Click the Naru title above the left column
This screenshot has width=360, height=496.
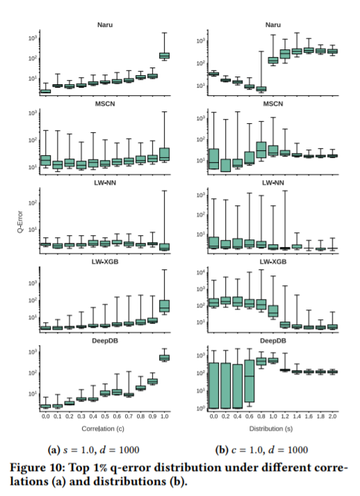pyautogui.click(x=105, y=24)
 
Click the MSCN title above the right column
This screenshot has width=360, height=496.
pyautogui.click(x=273, y=104)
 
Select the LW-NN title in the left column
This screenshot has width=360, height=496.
pyautogui.click(x=105, y=183)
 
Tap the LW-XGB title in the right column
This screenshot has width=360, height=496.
pyautogui.click(x=273, y=262)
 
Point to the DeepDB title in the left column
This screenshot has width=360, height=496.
pyautogui.click(x=105, y=341)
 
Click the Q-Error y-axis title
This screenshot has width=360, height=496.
pyautogui.click(x=20, y=222)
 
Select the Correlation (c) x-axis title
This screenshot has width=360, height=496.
pyautogui.click(x=103, y=429)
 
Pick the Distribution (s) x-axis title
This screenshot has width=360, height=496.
pyautogui.click(x=271, y=429)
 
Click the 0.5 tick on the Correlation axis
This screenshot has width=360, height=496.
pyautogui.click(x=105, y=416)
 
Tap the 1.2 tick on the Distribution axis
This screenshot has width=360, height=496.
pyautogui.click(x=285, y=416)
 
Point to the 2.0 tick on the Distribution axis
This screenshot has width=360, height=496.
pyautogui.click(x=332, y=416)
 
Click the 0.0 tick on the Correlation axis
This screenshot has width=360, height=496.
pyautogui.click(x=45, y=416)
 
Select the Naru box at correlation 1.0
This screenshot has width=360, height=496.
pyautogui.click(x=164, y=56)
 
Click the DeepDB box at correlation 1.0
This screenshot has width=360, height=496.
pyautogui.click(x=164, y=358)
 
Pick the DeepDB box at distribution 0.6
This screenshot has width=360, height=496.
pyautogui.click(x=249, y=381)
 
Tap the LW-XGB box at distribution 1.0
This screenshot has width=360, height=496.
pyautogui.click(x=273, y=311)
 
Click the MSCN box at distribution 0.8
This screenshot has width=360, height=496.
pyautogui.click(x=261, y=150)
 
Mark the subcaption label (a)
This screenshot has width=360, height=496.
pyautogui.click(x=54, y=450)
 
